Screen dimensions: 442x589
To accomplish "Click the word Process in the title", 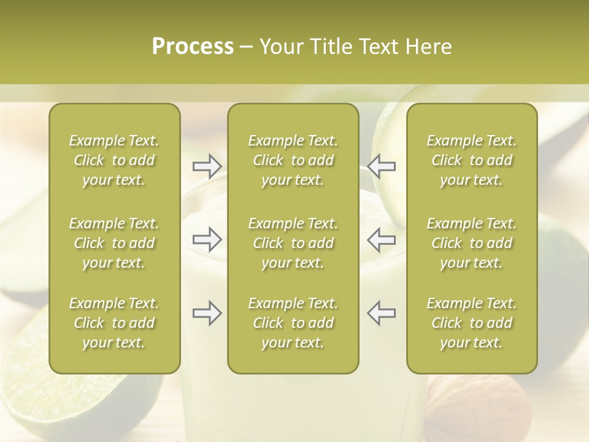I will pyautogui.click(x=193, y=47).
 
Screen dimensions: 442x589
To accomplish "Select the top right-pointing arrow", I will pyautogui.click(x=207, y=165).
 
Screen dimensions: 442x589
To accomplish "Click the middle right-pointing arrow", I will pyautogui.click(x=207, y=239).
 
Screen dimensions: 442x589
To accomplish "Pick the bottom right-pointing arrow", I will pyautogui.click(x=207, y=313).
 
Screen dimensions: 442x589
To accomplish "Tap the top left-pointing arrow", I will pyautogui.click(x=382, y=165).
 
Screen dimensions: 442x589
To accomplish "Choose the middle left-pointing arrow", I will pyautogui.click(x=382, y=239).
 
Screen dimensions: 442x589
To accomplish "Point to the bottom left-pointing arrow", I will pyautogui.click(x=382, y=313).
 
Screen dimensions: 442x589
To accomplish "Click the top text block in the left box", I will pyautogui.click(x=114, y=160).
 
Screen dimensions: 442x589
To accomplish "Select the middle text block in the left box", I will pyautogui.click(x=114, y=243).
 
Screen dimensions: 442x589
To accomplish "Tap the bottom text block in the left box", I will pyautogui.click(x=114, y=323).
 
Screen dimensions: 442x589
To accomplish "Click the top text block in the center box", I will pyautogui.click(x=293, y=160).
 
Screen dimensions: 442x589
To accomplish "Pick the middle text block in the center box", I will pyautogui.click(x=293, y=243).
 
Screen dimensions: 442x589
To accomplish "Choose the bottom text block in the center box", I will pyautogui.click(x=293, y=323).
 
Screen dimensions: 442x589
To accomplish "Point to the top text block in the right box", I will pyautogui.click(x=471, y=160).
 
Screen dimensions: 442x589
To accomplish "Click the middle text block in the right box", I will pyautogui.click(x=471, y=243).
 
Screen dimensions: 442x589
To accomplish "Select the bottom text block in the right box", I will pyautogui.click(x=471, y=323).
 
